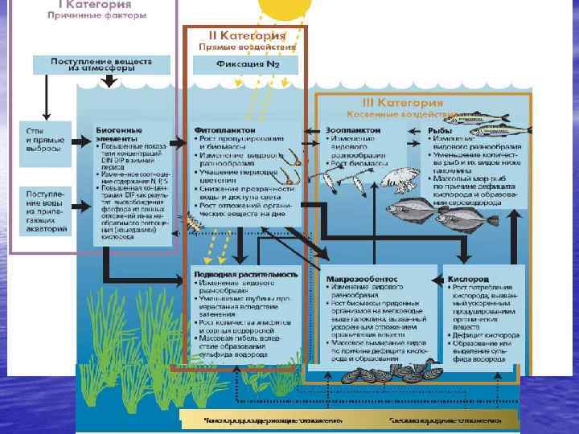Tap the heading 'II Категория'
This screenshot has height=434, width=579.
coord(245,37)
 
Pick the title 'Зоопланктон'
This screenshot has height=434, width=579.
coord(350,129)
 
